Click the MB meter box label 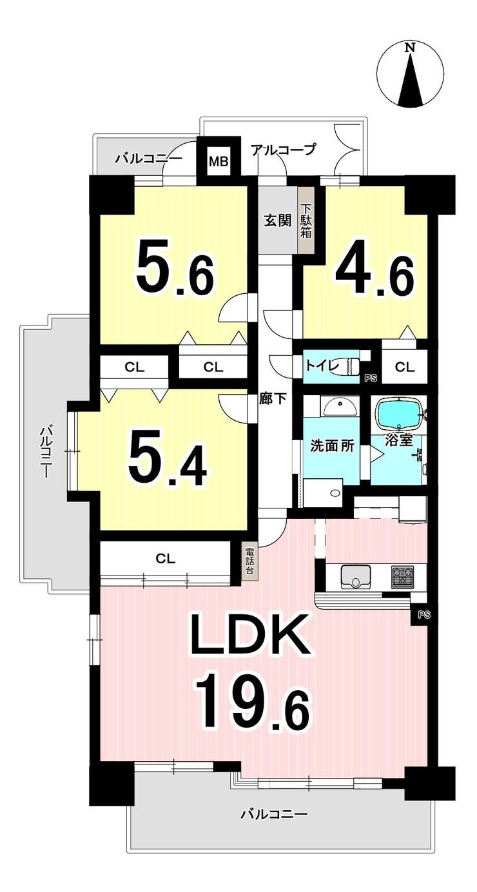click(x=219, y=162)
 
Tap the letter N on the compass click(x=410, y=48)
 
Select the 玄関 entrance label click(x=278, y=220)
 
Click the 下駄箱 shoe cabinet click(x=306, y=220)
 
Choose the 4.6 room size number click(x=373, y=276)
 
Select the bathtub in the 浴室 click(x=400, y=414)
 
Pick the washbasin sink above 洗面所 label click(x=340, y=407)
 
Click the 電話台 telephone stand click(x=249, y=561)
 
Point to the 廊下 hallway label click(x=273, y=398)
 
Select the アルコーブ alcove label click(x=283, y=150)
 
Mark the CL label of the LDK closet click(x=165, y=559)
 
